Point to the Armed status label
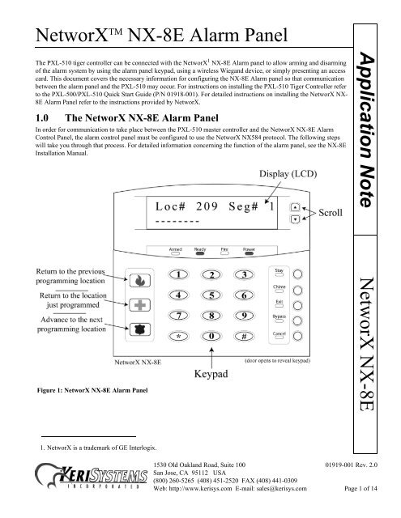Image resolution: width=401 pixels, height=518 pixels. click(177, 249)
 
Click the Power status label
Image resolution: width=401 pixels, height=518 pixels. click(250, 249)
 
